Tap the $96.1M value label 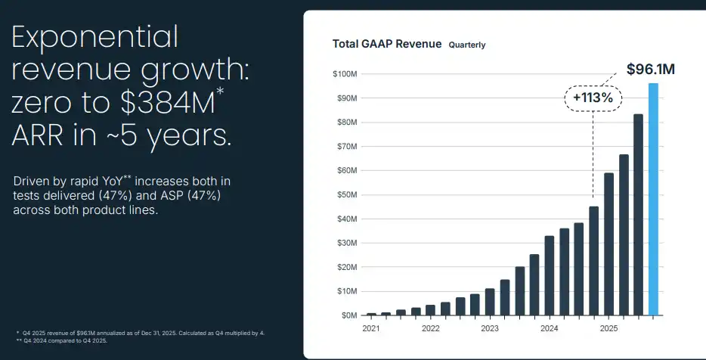coord(650,70)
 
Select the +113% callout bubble coord(593,98)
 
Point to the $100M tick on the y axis coord(344,74)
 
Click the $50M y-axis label coord(345,195)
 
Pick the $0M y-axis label coord(348,315)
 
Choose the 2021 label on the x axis coord(371,329)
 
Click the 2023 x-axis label coord(490,329)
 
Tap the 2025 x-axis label coord(608,329)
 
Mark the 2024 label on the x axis coord(550,329)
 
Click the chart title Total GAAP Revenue coord(386,44)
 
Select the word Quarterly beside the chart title coord(467,45)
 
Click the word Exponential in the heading coord(94,37)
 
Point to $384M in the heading coord(175,103)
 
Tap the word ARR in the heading coord(42,136)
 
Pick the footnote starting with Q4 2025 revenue coord(139,333)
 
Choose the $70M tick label coord(345,147)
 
